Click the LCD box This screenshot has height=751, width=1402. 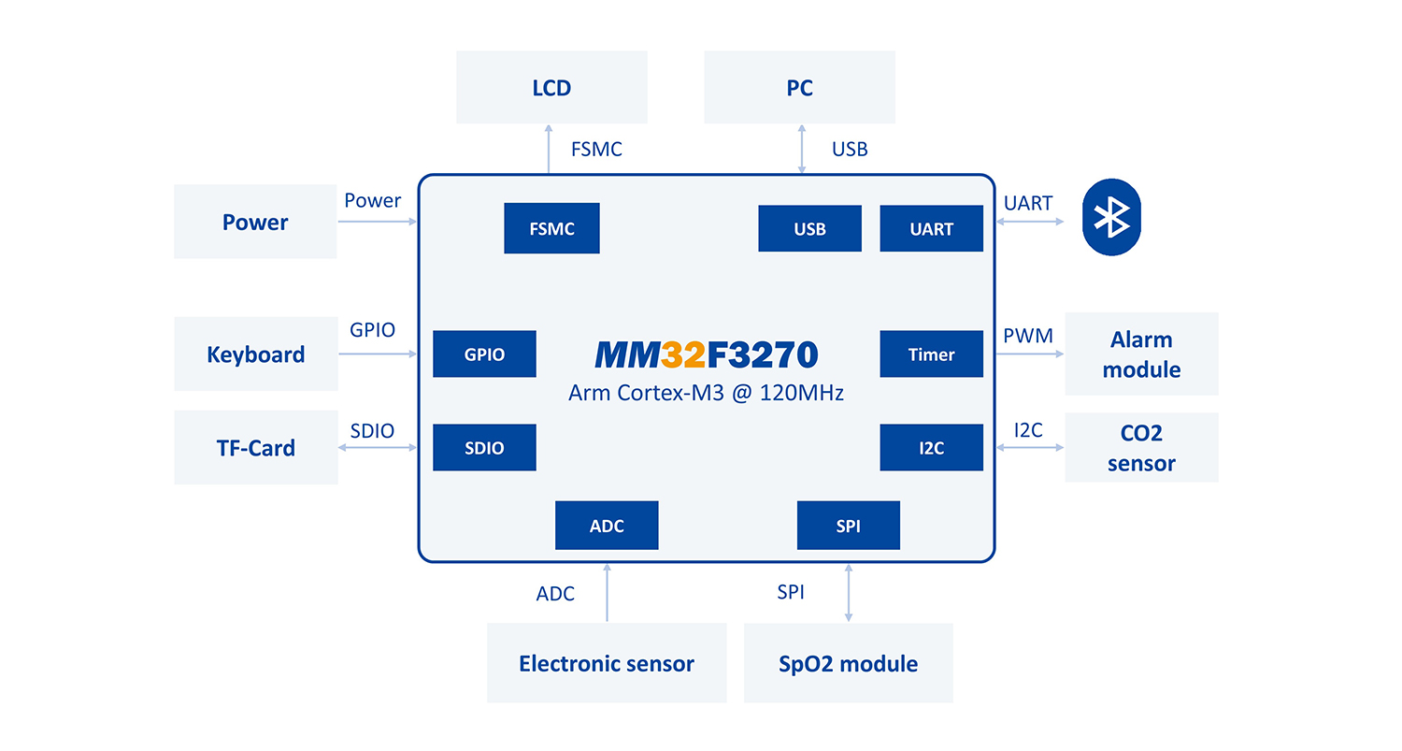click(x=551, y=88)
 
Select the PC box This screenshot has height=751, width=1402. click(x=799, y=88)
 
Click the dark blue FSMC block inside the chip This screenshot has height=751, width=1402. click(x=551, y=228)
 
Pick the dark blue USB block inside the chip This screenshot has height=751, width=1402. click(x=809, y=229)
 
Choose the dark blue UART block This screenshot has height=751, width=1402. click(x=931, y=229)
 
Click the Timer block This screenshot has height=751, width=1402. click(x=931, y=354)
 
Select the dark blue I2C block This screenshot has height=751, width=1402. click(x=931, y=448)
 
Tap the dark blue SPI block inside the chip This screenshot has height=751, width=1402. click(x=848, y=526)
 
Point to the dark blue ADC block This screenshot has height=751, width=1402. click(x=607, y=526)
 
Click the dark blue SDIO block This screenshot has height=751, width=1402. click(x=484, y=448)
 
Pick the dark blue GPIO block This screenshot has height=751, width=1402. click(x=484, y=354)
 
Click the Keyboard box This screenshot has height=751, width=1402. click(x=255, y=354)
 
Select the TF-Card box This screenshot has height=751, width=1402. click(x=255, y=448)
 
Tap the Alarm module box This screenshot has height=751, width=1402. click(x=1141, y=354)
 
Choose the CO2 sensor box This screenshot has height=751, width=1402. click(x=1141, y=448)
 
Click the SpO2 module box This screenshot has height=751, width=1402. click(x=848, y=663)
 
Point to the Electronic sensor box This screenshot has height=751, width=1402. click(x=607, y=663)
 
